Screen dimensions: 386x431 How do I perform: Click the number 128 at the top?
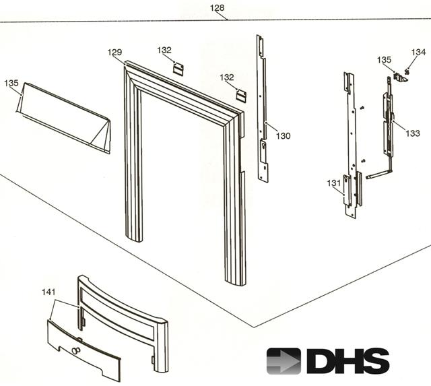click(x=217, y=8)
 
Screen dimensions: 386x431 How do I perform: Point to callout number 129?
click(x=115, y=52)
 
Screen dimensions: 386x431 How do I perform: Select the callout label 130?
click(x=283, y=136)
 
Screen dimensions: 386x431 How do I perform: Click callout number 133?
click(x=413, y=133)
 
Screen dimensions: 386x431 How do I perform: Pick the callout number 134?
click(x=418, y=52)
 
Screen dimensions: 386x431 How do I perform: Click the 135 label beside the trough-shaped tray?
click(x=11, y=83)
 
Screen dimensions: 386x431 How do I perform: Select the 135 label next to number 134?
click(x=384, y=60)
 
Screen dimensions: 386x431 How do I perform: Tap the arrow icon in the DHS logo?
click(x=284, y=360)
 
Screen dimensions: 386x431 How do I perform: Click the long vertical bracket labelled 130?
click(x=263, y=108)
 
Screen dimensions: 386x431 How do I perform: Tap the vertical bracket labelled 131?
click(x=350, y=148)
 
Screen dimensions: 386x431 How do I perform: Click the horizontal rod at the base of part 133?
click(x=378, y=174)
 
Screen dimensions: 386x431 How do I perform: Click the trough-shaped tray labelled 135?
click(x=64, y=118)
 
